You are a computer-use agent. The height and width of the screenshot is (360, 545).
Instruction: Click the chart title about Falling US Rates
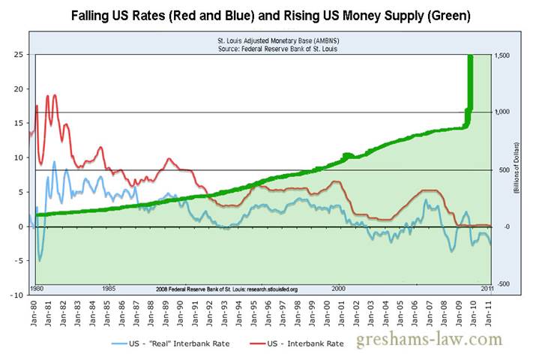point(272,14)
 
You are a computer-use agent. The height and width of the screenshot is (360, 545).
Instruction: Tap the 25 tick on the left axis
point(16,54)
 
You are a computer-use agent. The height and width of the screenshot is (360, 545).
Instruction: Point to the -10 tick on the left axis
point(14,295)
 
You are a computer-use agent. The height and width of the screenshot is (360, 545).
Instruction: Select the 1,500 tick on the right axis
point(502,55)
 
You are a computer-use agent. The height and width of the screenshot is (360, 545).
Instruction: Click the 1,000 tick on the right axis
point(502,112)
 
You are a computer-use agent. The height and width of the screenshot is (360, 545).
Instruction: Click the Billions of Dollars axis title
point(517,169)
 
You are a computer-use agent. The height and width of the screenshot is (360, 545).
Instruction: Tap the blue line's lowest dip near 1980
point(40,260)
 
